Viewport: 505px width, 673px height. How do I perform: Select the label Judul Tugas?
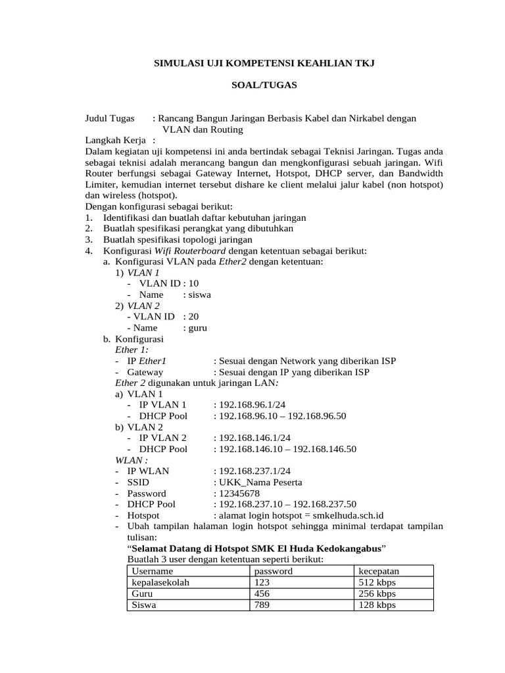(109, 118)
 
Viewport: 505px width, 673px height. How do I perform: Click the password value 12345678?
(239, 494)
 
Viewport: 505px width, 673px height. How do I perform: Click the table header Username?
(153, 571)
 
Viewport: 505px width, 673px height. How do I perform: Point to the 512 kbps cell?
(377, 582)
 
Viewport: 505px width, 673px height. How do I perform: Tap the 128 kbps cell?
(377, 605)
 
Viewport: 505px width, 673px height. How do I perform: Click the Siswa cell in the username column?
(144, 605)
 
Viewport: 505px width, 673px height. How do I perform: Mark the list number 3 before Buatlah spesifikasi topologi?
(89, 240)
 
